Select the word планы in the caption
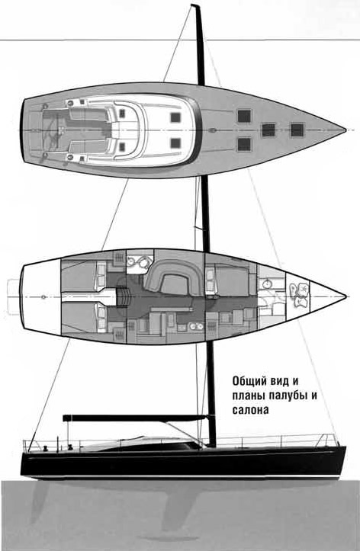[249, 396]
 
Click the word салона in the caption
[250, 410]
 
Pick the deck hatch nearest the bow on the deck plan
[297, 130]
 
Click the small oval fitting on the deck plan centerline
[212, 130]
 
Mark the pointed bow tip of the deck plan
[346, 130]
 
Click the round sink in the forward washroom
[268, 283]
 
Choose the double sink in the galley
[196, 327]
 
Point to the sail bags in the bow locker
[300, 294]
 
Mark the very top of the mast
[195, 5]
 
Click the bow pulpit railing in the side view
[329, 440]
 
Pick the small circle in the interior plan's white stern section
[43, 297]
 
